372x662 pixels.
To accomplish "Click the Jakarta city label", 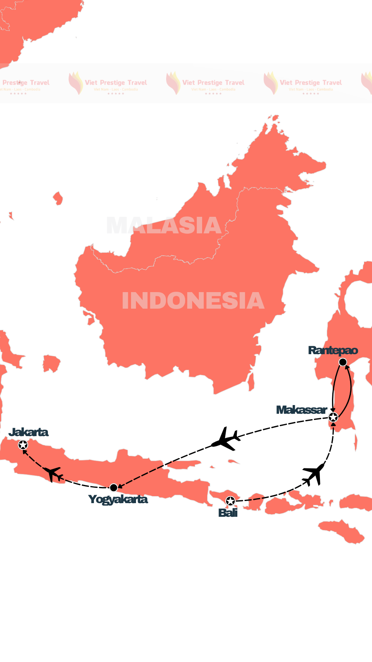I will (x=29, y=432).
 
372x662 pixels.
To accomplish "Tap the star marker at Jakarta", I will (x=23, y=445).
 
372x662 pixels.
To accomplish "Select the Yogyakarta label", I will (x=118, y=499).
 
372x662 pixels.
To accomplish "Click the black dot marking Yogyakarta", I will (x=114, y=487).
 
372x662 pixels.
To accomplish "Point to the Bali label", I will (x=228, y=513).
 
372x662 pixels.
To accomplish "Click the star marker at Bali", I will (x=230, y=501).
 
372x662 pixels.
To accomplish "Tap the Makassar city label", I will (x=302, y=410).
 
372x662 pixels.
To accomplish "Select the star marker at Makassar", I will (x=333, y=417).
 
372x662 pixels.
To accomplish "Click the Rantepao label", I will (x=333, y=350).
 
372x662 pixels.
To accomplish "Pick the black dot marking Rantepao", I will (x=343, y=362).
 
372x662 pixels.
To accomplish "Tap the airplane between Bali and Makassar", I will (x=314, y=473).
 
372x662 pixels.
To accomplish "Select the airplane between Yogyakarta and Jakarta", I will (x=53, y=473).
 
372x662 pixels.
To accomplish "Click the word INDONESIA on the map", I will (x=193, y=301).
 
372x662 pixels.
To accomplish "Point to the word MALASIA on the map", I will (x=164, y=225).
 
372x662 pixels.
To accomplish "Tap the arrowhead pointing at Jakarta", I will (x=25, y=452).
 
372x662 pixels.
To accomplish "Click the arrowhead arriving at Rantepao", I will (x=347, y=367).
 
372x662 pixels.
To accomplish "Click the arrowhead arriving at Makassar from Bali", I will (x=334, y=425).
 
